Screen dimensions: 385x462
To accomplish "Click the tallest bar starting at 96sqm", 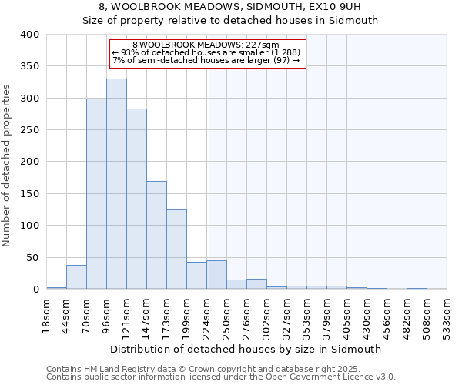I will tap(116, 184).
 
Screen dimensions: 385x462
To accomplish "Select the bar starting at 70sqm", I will tap(96, 194).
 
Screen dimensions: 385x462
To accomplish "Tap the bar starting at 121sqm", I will tap(136, 199).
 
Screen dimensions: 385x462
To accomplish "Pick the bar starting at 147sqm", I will tap(156, 235).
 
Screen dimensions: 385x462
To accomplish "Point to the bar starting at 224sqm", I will tap(216, 275).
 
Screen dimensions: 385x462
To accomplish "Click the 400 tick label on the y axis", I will tap(30, 35).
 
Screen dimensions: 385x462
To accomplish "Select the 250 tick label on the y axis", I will tap(30, 130).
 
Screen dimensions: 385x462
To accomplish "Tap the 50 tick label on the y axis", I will tap(33, 258).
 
